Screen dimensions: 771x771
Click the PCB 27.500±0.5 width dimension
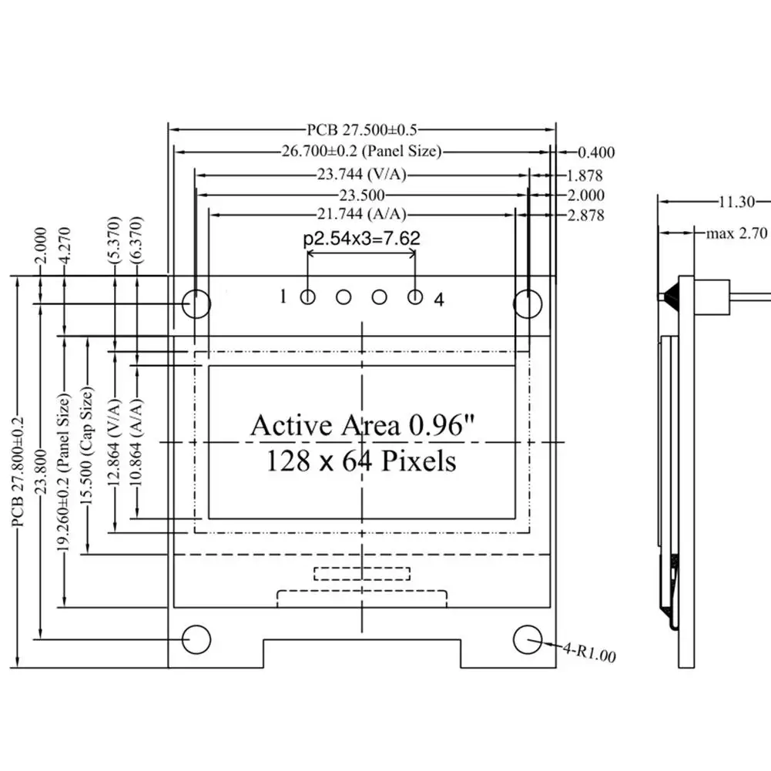(361, 130)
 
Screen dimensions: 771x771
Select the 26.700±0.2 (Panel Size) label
(361, 152)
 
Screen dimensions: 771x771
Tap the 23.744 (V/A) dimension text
(361, 174)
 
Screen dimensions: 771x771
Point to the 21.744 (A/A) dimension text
(362, 214)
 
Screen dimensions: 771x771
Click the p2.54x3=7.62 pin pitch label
(362, 239)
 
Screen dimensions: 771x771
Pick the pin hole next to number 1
(308, 297)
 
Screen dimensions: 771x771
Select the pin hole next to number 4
(416, 297)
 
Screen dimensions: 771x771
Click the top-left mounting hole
(196, 304)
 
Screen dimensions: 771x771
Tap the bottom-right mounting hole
(528, 639)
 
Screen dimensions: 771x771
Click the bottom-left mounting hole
(196, 639)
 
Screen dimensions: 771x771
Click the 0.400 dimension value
(596, 153)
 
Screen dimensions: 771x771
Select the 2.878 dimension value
(585, 216)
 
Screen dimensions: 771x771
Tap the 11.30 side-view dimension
(736, 203)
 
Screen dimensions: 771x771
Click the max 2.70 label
(736, 233)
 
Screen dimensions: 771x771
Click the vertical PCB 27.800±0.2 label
(18, 471)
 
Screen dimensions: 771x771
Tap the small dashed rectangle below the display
(361, 573)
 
